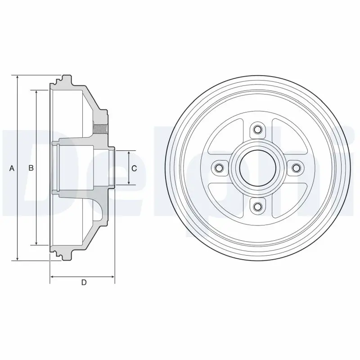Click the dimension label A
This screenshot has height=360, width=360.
12,168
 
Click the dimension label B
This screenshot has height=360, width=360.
31,168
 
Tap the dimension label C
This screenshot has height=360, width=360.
134,168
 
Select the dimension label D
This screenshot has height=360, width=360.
84,282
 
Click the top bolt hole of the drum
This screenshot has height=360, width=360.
257,129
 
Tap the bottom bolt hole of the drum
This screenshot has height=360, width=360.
257,207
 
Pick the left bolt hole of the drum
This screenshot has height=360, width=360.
220,168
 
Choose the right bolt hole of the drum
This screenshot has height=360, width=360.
296,168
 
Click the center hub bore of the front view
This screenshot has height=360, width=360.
257,168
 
